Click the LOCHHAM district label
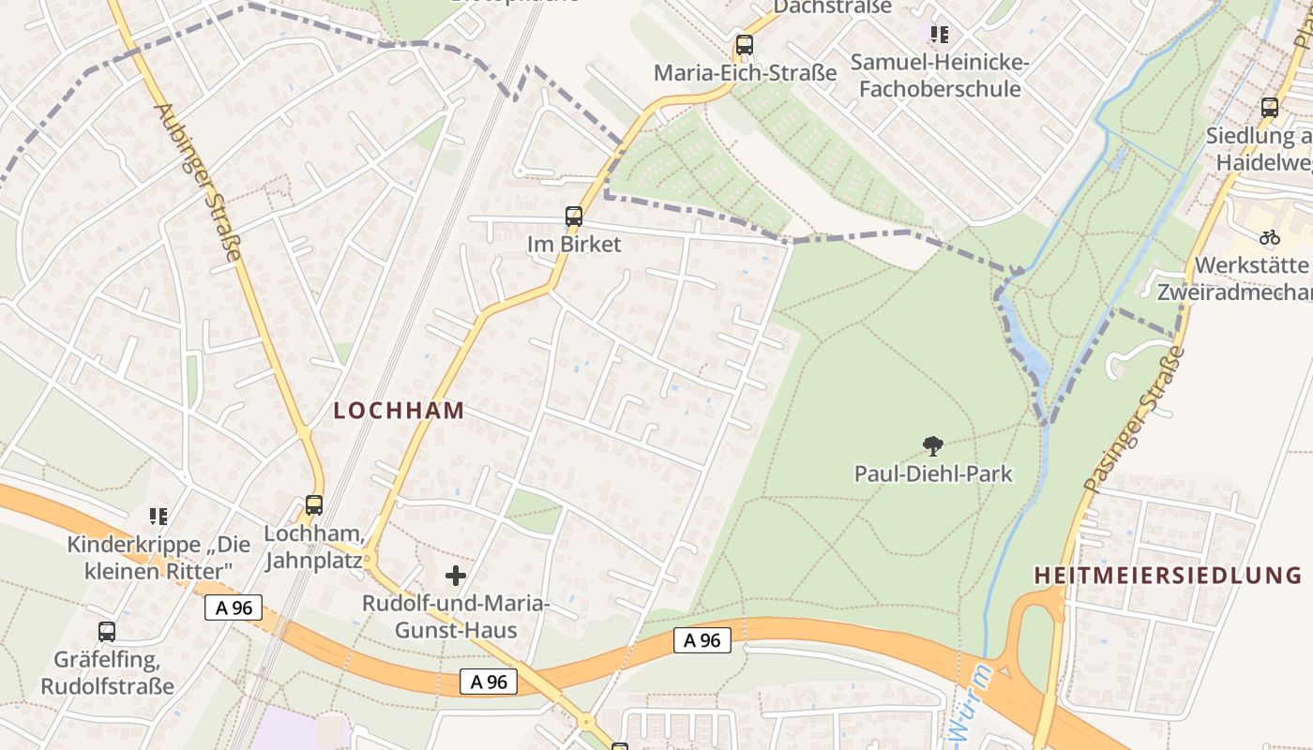400,410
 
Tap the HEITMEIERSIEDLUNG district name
1172,575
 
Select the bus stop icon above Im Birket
574,217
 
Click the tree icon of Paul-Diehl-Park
932,445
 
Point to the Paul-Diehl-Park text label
933,473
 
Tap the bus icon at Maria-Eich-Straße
745,44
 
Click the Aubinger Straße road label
199,181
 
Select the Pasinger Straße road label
1134,421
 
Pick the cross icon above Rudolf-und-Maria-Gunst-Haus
456,575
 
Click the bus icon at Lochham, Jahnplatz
314,505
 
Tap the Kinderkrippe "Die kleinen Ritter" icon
158,517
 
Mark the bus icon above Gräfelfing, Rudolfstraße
107,632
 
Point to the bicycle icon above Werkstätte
1270,237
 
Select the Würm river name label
970,703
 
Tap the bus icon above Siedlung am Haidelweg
1270,108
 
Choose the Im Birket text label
574,245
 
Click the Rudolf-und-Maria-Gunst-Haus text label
456,617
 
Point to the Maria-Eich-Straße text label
745,72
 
